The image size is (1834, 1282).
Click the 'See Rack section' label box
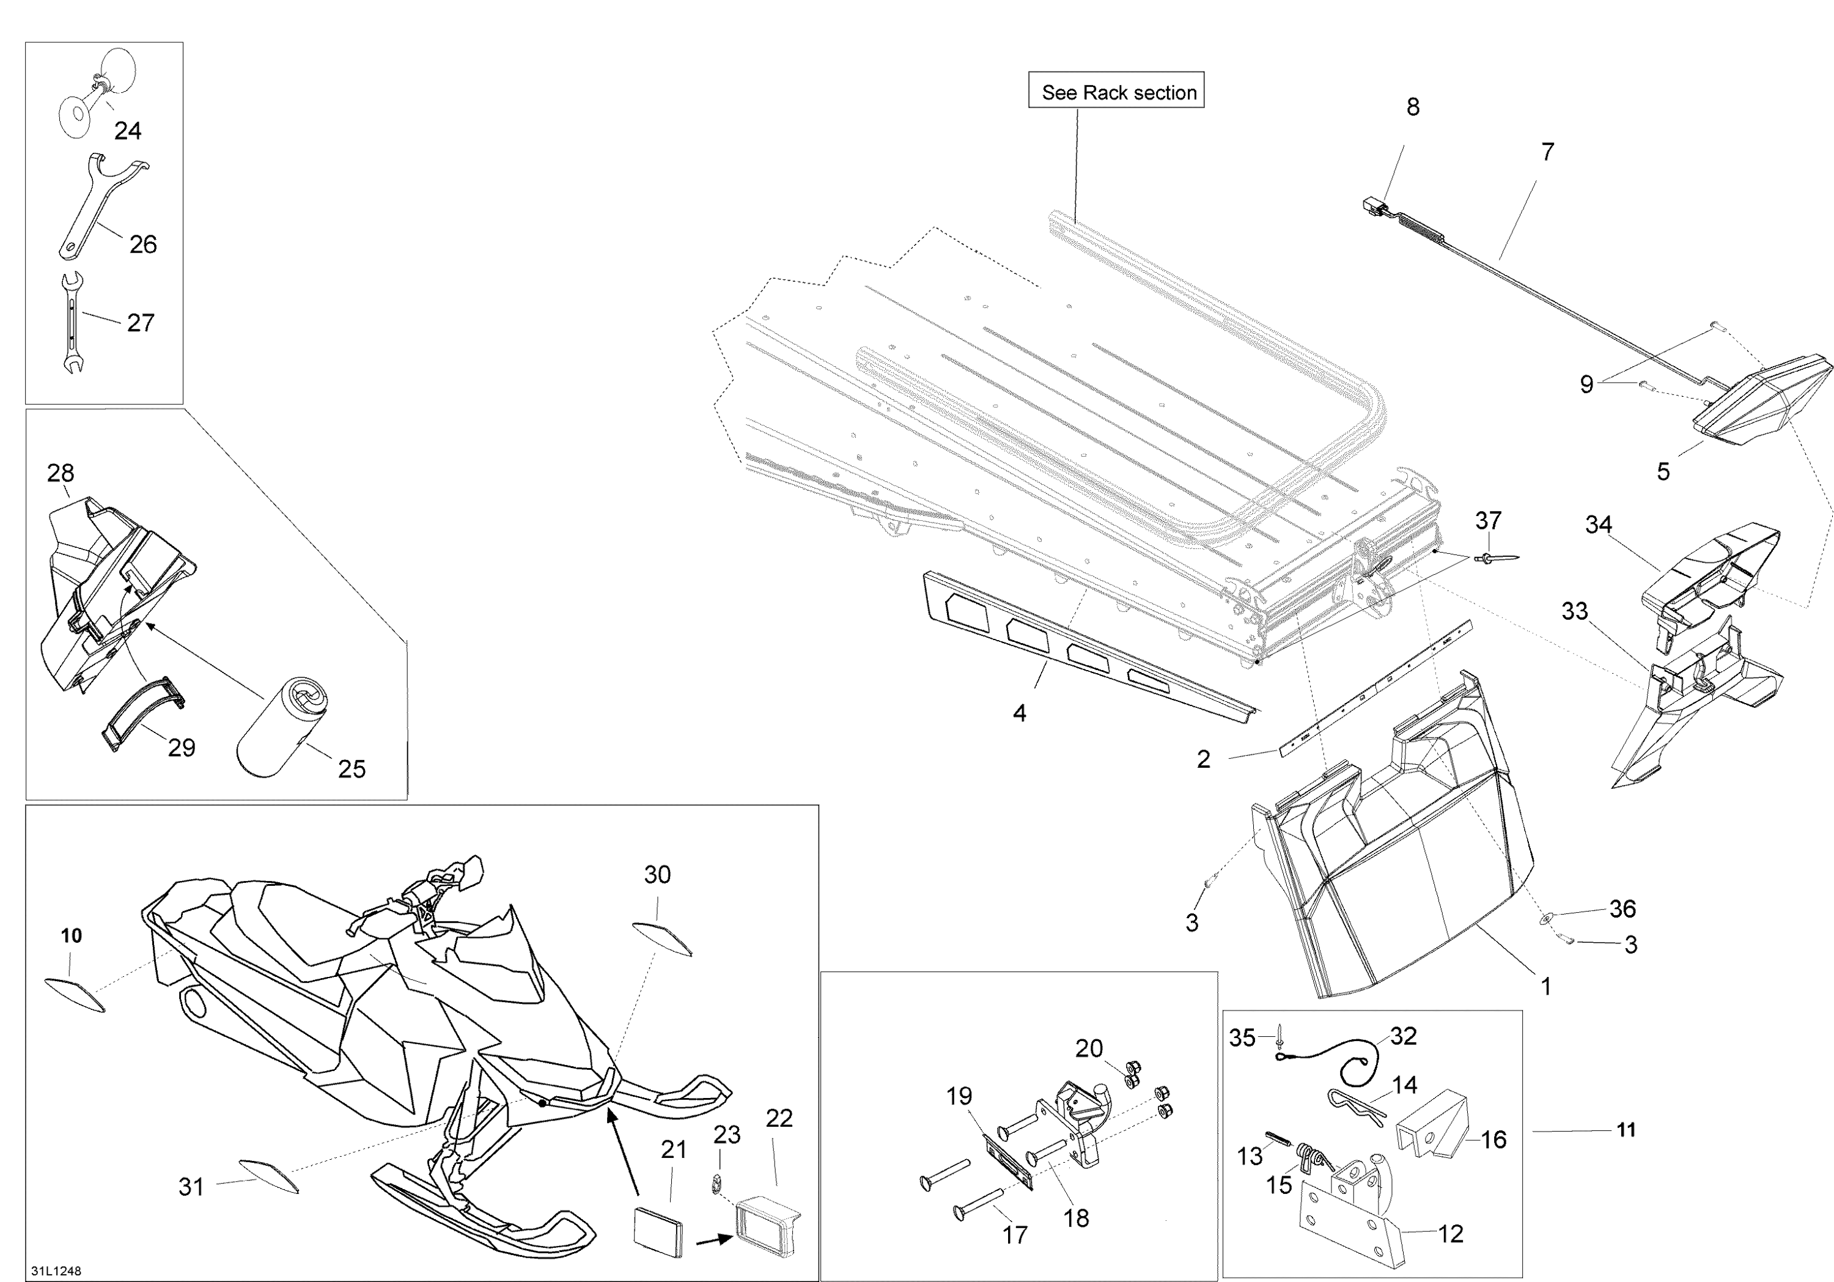(1116, 90)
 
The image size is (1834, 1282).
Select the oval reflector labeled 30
(662, 938)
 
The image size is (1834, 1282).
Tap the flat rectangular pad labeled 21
(659, 1232)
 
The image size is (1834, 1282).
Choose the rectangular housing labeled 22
(768, 1226)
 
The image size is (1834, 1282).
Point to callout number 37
(1488, 521)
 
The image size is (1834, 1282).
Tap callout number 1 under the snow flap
(1545, 987)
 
